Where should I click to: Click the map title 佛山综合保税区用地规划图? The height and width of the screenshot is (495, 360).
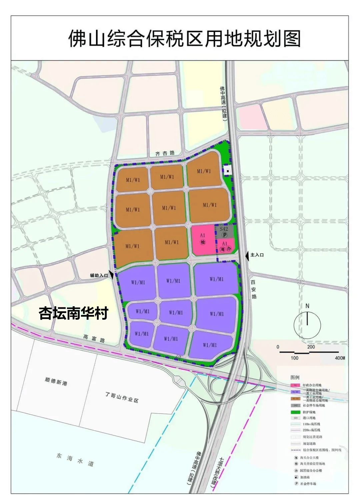click(x=184, y=38)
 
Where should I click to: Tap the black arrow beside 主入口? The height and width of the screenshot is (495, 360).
click(x=247, y=255)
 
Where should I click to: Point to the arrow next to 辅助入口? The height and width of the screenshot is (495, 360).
click(x=112, y=275)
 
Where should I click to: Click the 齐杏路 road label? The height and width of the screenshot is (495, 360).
click(x=165, y=153)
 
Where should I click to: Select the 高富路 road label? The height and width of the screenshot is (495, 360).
click(x=94, y=339)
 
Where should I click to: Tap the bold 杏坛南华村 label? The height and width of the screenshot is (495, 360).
click(x=74, y=313)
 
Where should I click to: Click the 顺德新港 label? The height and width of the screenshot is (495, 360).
click(x=56, y=381)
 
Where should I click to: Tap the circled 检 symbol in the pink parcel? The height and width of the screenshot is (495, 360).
click(x=203, y=242)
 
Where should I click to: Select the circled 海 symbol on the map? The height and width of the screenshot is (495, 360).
click(x=223, y=249)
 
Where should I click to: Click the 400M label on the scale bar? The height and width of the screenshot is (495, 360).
click(x=340, y=358)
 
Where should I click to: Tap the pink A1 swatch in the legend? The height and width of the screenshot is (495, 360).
click(x=295, y=385)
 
